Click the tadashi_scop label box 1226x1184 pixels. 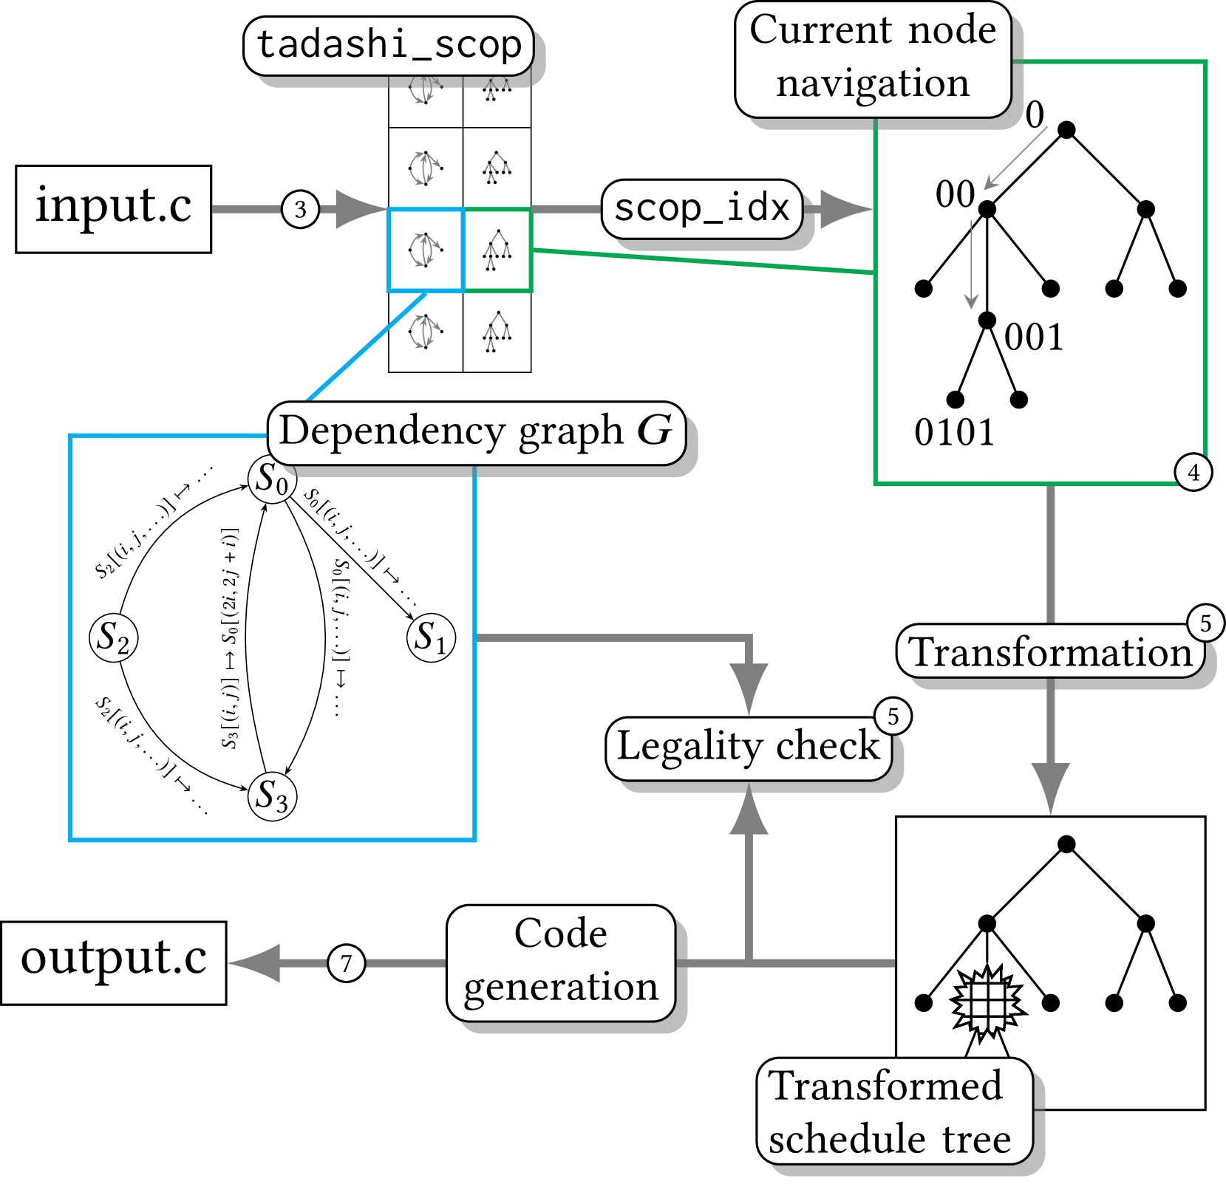tap(389, 46)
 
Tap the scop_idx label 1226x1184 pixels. tap(702, 208)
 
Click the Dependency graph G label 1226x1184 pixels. tap(476, 433)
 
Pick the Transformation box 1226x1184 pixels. tap(1050, 652)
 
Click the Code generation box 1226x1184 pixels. tap(561, 962)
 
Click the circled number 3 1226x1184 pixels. tap(300, 210)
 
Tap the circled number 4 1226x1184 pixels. tap(1193, 472)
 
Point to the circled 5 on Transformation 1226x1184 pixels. tap(1205, 623)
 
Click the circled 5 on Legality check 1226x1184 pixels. tap(893, 716)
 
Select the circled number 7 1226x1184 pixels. tap(346, 963)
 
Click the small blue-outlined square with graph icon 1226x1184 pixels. tap(425, 250)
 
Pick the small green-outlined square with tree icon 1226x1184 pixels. tap(497, 250)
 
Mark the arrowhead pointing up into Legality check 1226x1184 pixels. tap(749, 815)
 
